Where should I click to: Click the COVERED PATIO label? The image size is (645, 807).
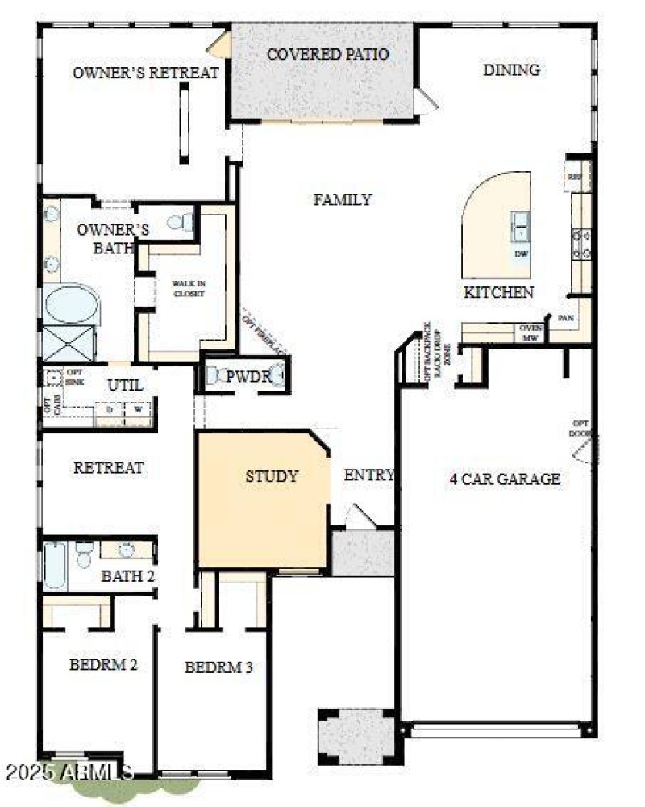[327, 55]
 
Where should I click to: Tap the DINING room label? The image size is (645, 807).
[511, 70]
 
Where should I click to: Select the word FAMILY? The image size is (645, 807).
[343, 199]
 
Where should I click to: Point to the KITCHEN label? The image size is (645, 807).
[498, 292]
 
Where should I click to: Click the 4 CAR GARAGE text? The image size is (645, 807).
[505, 479]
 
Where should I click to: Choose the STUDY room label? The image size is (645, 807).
[272, 476]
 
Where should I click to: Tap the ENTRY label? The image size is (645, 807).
[369, 475]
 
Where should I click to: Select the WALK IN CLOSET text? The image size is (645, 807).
[188, 289]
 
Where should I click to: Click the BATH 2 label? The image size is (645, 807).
[127, 576]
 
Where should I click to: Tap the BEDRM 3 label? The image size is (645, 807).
[219, 667]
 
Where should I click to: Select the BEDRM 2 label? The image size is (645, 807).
[102, 665]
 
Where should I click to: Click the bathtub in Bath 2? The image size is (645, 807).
[55, 565]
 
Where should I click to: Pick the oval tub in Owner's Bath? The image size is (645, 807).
[71, 305]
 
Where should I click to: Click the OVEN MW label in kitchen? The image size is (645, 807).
[531, 332]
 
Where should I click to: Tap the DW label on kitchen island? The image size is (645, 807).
[521, 253]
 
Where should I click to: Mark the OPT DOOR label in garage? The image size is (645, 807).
[580, 429]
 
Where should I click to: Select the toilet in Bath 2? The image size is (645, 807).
[85, 555]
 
